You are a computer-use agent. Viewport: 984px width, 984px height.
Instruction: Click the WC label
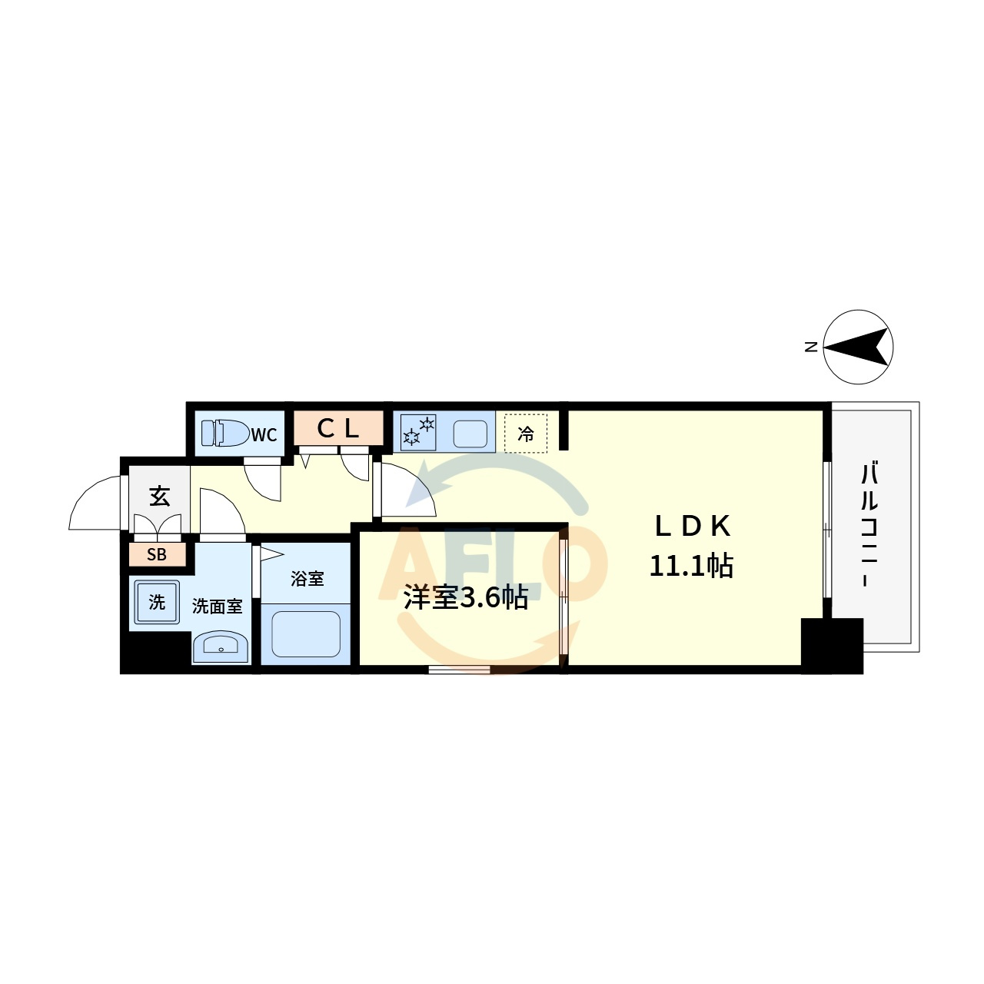pos(264,434)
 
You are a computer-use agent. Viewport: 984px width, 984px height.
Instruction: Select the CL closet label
pos(337,428)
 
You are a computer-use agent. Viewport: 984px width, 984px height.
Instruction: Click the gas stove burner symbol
pos(418,432)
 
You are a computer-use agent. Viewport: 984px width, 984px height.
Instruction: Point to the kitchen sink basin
pos(470,434)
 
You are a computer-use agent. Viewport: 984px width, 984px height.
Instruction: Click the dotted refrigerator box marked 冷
pos(526,433)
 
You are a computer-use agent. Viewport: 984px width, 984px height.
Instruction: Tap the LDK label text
pos(693,527)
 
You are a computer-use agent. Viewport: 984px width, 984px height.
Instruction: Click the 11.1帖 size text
pos(691,566)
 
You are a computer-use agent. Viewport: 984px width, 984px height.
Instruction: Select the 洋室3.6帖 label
pos(466,597)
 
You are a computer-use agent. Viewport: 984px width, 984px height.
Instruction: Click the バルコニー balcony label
pos(869,524)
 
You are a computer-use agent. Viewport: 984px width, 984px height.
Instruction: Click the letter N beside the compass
pos(811,347)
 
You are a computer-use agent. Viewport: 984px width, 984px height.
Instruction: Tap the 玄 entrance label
pos(159,497)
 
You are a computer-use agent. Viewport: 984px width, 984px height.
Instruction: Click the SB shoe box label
pos(157,554)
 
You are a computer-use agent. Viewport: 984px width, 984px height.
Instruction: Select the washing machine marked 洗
pos(157,602)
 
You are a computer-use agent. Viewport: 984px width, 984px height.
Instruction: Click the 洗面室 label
pos(217,606)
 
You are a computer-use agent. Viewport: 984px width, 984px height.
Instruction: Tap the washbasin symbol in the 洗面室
pos(221,647)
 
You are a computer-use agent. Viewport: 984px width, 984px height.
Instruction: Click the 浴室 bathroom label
pos(307,579)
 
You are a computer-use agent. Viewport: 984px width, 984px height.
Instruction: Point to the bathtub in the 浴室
pos(306,634)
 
